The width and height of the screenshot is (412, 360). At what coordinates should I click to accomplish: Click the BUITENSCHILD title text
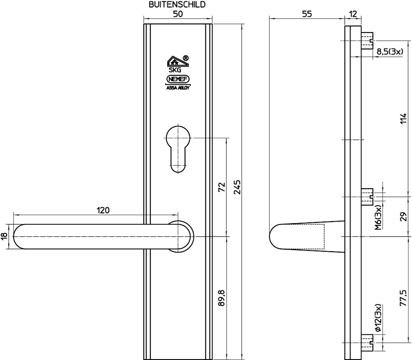click(177, 5)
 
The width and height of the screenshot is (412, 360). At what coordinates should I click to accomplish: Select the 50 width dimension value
click(178, 14)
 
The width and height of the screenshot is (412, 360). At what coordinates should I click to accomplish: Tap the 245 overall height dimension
click(237, 187)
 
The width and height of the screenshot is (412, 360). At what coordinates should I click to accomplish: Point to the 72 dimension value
click(222, 187)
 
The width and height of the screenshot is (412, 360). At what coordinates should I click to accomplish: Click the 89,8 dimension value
click(222, 298)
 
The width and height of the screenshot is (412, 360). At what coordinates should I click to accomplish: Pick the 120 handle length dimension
click(103, 210)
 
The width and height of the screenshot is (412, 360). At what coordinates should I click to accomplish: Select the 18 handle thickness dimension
click(4, 236)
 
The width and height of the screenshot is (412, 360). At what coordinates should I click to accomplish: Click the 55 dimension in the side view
click(307, 14)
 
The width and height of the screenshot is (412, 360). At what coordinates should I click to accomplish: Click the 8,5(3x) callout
click(390, 51)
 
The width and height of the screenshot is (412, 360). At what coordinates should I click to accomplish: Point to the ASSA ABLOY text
click(178, 88)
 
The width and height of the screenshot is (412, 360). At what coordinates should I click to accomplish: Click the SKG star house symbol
click(178, 61)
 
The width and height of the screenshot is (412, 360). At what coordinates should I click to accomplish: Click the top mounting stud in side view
click(367, 41)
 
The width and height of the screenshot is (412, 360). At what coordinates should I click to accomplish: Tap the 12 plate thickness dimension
click(353, 14)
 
